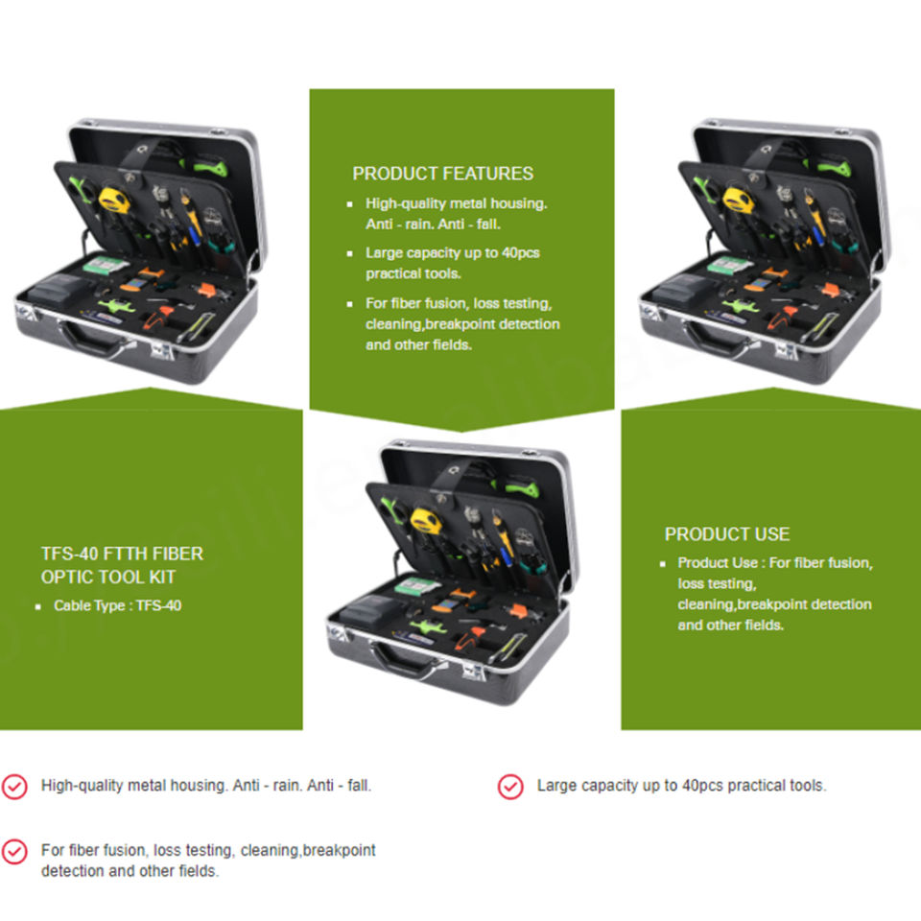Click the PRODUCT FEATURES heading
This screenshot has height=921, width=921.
pos(442,174)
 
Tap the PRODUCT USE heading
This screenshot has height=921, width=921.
pos(727,534)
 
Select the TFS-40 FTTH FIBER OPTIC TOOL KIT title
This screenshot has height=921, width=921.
pos(122,565)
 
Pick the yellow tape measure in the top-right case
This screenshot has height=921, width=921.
pos(738,199)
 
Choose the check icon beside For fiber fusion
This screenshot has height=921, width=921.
pos(14,851)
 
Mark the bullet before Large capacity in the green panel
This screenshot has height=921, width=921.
pos(349,253)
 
